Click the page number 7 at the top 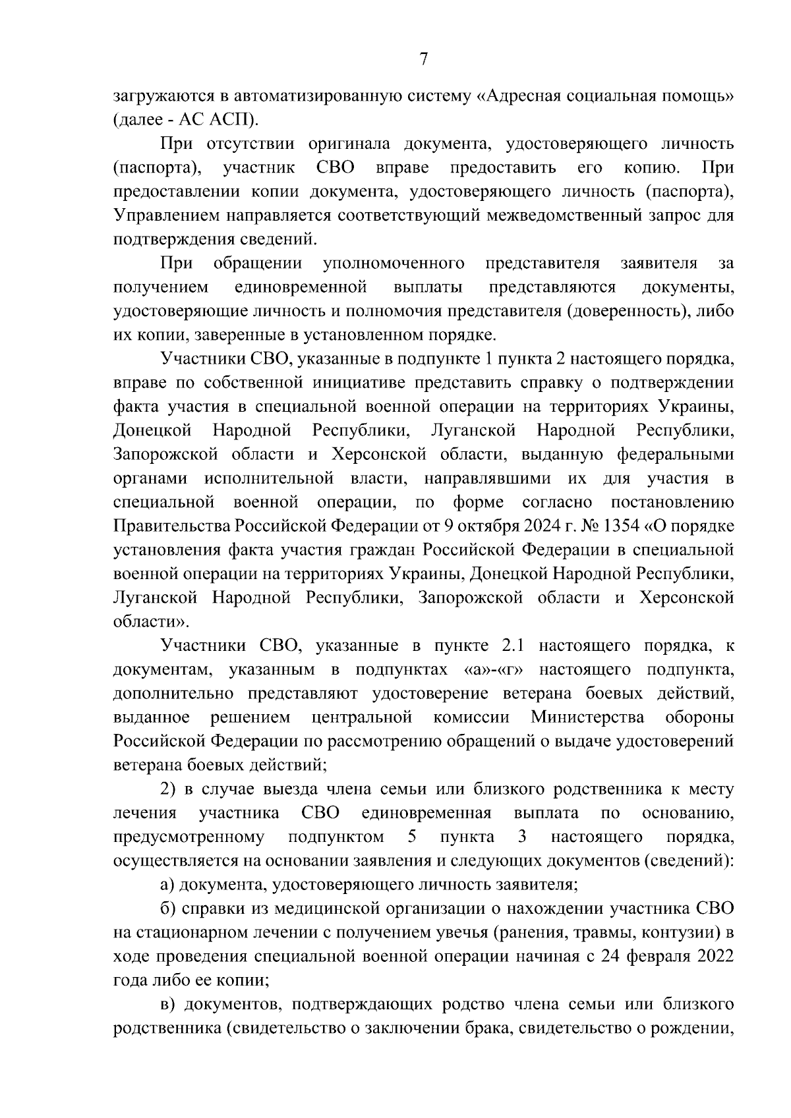click(424, 60)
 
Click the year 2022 click(713, 956)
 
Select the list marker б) click(169, 908)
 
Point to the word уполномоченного click(394, 264)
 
